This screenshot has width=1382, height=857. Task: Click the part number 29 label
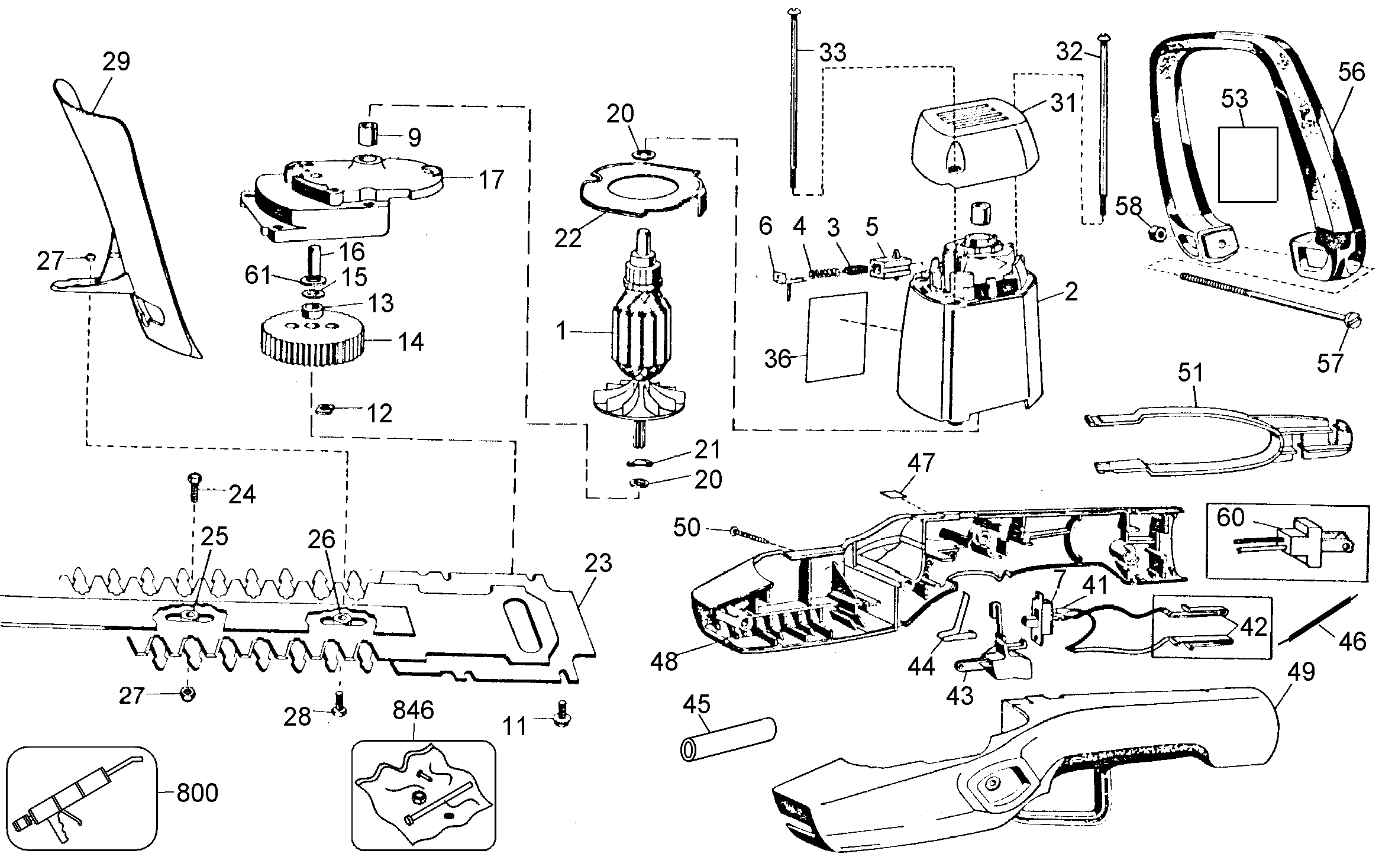tap(116, 62)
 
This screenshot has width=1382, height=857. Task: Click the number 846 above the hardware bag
tap(414, 710)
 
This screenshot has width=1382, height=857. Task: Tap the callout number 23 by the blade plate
tap(598, 564)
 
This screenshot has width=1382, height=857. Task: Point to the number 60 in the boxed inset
tap(1231, 518)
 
